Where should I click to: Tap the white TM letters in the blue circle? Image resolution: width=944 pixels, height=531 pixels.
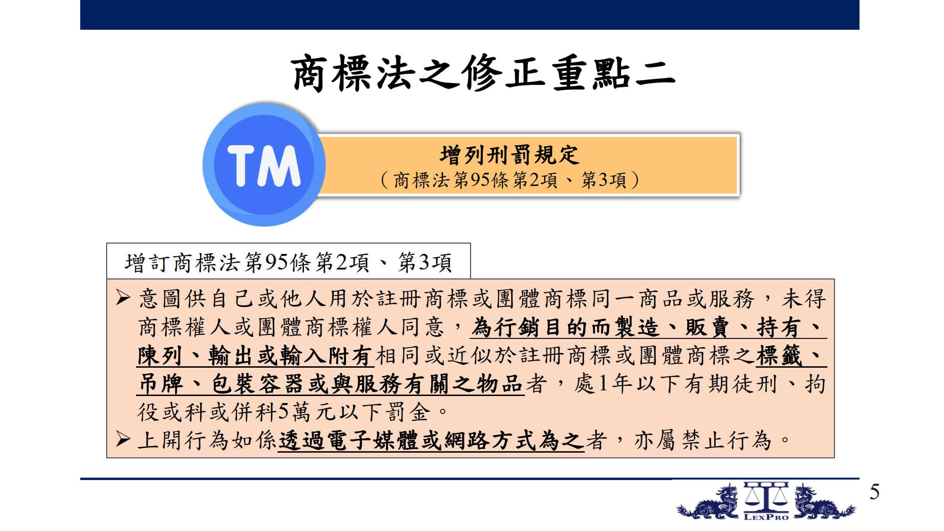(264, 165)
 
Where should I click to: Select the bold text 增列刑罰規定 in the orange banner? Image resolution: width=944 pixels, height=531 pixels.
(509, 155)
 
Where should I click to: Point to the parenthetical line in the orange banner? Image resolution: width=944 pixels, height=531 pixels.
(509, 180)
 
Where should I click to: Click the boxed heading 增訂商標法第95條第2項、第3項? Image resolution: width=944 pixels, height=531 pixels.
(288, 262)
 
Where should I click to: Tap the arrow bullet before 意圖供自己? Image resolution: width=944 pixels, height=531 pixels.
(123, 297)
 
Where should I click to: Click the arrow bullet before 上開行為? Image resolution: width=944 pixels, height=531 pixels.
(123, 439)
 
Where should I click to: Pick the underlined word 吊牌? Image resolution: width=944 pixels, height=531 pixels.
(160, 384)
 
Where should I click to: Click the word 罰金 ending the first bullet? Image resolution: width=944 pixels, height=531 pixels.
(409, 412)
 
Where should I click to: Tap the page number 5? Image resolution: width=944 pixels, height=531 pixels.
(875, 492)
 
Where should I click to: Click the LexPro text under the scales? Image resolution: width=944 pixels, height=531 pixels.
(766, 516)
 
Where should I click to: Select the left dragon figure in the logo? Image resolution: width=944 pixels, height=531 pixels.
(708, 502)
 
